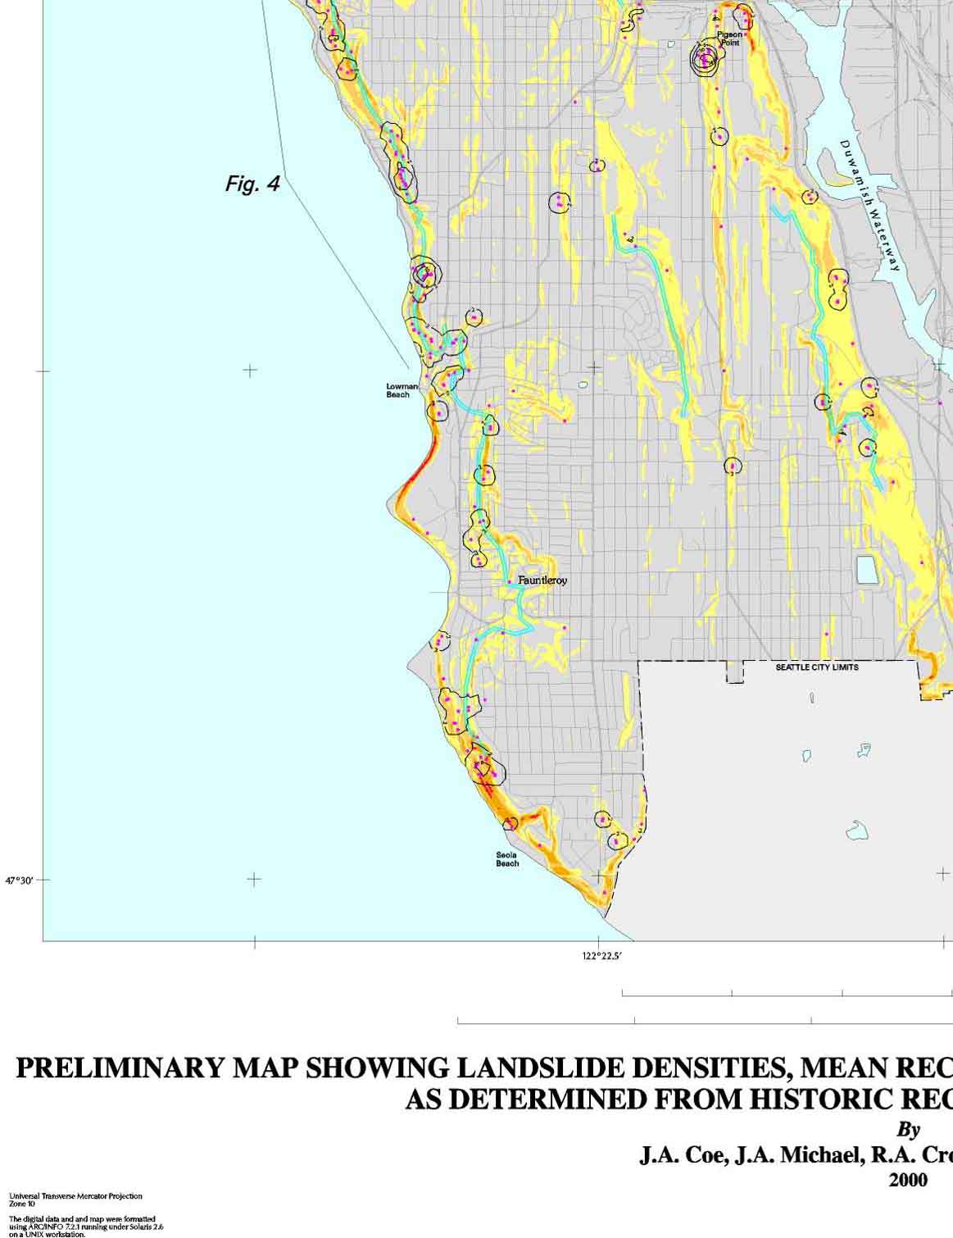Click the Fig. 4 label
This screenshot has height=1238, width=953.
pos(252,184)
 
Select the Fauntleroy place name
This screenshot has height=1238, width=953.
pos(542,580)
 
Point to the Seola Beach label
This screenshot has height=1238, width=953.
pos(507,858)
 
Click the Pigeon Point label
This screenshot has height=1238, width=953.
pos(728,39)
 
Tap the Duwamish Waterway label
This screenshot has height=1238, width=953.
pos(870,205)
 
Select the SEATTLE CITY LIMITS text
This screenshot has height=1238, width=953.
pos(816,667)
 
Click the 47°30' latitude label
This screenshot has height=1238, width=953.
pos(20,881)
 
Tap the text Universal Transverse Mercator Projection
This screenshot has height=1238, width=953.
pos(75,1196)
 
